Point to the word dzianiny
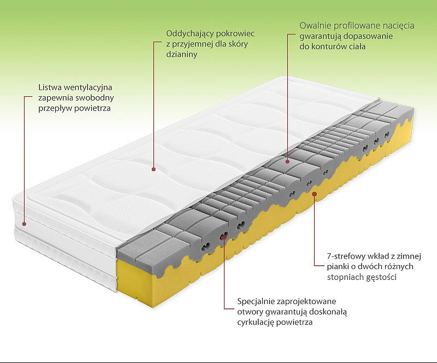182,55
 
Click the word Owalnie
315,25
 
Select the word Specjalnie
256,302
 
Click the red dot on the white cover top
153,169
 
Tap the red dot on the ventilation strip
24,224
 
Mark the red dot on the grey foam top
288,161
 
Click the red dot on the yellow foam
315,194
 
